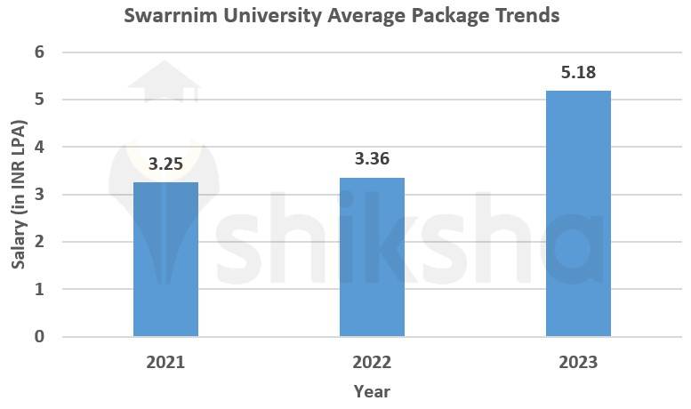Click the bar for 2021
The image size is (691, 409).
pos(165,259)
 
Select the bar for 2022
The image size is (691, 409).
pos(372,256)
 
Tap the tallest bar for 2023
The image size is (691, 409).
pos(578,213)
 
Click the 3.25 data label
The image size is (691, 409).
pos(165,164)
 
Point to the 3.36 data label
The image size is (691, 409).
pos(372,160)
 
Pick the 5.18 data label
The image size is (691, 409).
pos(578,73)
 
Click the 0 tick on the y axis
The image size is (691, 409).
pos(39,337)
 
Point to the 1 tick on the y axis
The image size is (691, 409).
pos(39,290)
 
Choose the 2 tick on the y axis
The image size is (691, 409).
pos(39,242)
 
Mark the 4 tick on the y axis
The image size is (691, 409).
pos(39,147)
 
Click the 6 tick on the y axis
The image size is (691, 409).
pos(39,52)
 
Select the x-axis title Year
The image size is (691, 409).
pos(372,391)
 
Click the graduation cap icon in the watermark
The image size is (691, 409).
pos(165,82)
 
